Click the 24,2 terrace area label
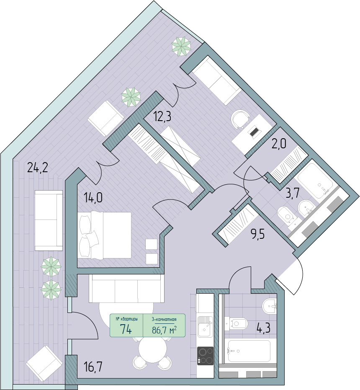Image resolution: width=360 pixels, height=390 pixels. click(x=38, y=168)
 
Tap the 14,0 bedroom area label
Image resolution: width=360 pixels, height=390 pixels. click(x=93, y=199)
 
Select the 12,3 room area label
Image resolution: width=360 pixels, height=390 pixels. click(x=162, y=116)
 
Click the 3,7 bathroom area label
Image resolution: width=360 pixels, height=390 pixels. click(x=292, y=192)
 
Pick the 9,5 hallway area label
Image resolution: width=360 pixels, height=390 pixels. click(x=257, y=234)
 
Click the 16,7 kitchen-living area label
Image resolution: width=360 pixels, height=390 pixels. click(x=93, y=367)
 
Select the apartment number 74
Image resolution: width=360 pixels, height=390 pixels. click(x=126, y=329)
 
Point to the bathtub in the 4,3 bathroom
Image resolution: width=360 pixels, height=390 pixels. click(x=249, y=351)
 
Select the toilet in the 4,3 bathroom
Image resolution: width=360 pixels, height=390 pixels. click(x=237, y=323)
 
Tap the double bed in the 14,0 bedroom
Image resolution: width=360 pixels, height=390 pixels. click(x=104, y=235)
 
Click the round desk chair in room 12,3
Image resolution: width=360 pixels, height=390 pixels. click(x=240, y=119)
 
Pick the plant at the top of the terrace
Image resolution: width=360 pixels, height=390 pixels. click(x=182, y=46)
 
